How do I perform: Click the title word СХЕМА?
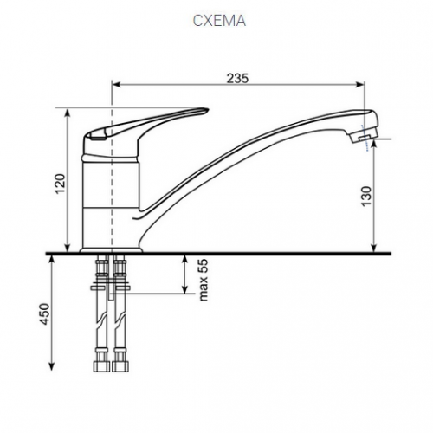tap(219, 21)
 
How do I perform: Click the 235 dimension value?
tap(237, 78)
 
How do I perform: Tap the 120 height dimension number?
tap(61, 184)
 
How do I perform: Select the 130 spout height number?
tap(366, 197)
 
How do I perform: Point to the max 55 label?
tap(204, 280)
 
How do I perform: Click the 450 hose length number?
tap(44, 313)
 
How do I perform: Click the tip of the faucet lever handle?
tap(207, 110)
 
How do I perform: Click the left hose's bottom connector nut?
tap(101, 365)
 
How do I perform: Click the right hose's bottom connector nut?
tap(120, 365)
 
